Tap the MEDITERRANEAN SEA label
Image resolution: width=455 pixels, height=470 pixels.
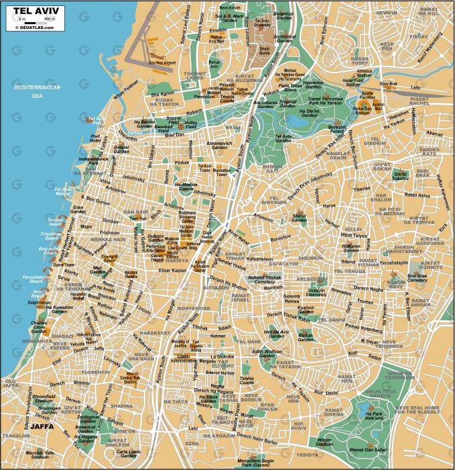38,92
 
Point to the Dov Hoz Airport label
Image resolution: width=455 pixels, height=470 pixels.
161,62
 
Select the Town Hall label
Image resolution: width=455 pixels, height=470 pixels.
138,218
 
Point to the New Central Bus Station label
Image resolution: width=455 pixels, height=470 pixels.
129,377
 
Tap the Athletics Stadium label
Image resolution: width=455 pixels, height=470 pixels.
364,74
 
